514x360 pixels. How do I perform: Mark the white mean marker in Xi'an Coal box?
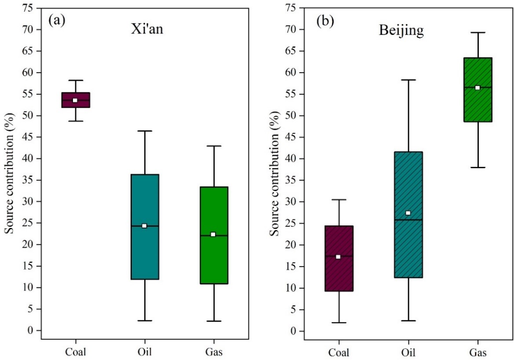(x=75, y=100)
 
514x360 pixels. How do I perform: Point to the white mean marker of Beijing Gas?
(x=478, y=88)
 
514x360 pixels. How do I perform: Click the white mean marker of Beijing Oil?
(x=408, y=213)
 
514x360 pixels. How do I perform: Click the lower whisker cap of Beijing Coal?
(x=339, y=323)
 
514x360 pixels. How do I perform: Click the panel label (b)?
(x=325, y=22)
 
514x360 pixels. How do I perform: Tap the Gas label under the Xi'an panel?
(x=214, y=352)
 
